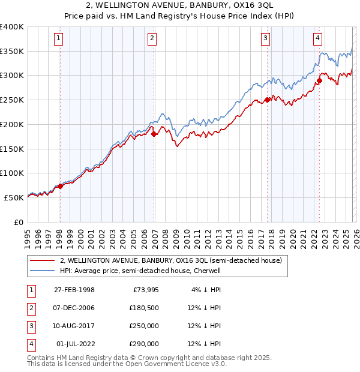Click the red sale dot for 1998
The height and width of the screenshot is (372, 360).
point(60,186)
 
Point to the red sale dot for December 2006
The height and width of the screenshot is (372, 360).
point(154,134)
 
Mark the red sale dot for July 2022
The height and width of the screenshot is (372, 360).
point(319,80)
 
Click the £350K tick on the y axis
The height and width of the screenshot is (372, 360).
point(12,52)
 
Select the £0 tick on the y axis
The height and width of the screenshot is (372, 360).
point(19,222)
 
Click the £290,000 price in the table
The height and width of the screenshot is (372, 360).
point(143,344)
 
